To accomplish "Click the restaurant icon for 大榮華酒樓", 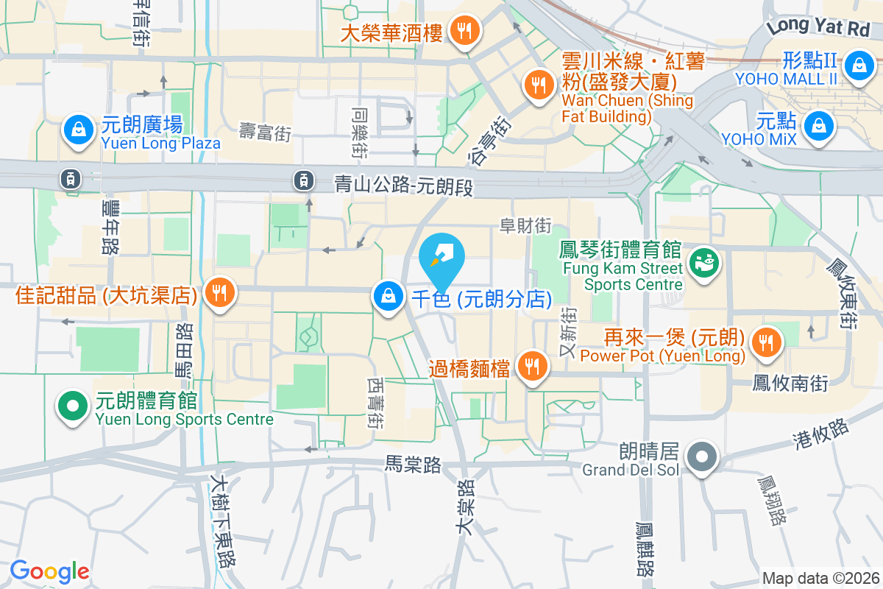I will (464, 31).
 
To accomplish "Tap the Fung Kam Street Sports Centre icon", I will (703, 264).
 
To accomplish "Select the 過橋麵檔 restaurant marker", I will (531, 365).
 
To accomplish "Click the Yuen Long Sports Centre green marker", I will (71, 406).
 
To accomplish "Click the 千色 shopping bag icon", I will (387, 297).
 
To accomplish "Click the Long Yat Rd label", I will (817, 27).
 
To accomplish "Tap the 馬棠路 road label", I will (413, 464).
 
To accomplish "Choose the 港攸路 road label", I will (820, 434).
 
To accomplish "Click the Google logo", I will (49, 571).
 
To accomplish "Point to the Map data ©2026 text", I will (820, 578).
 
